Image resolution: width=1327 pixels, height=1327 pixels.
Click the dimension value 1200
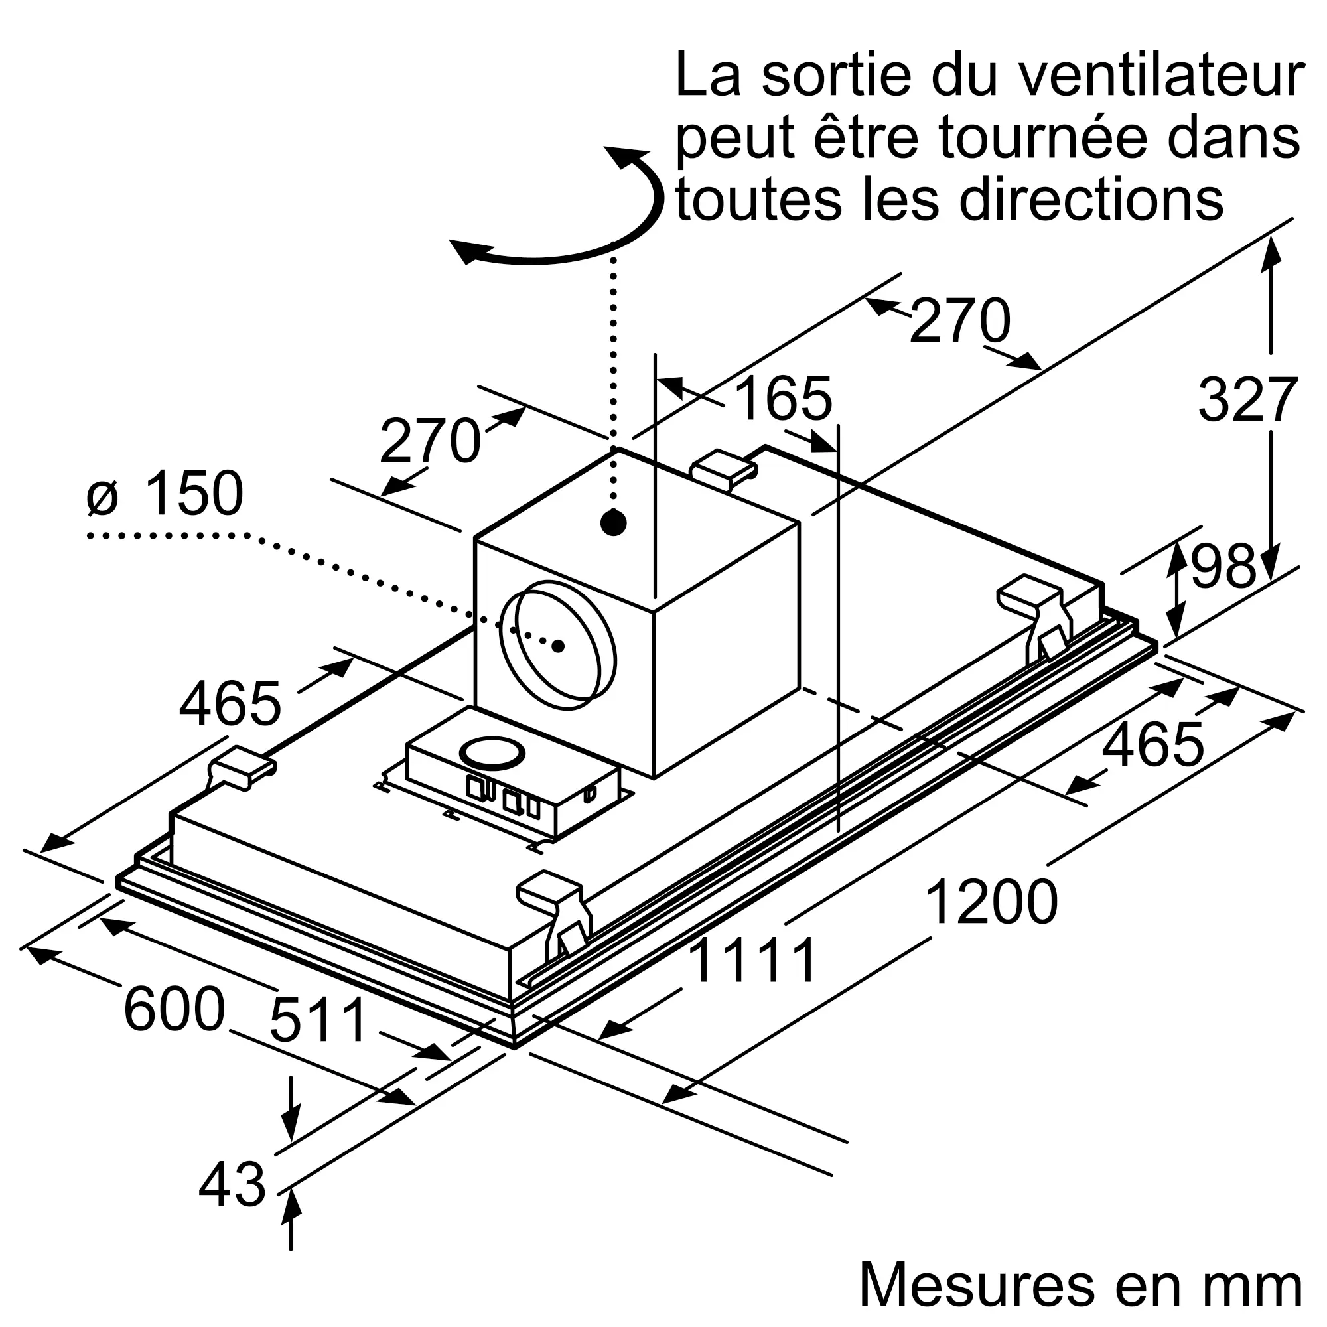991,902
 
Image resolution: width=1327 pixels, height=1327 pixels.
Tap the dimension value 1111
754,961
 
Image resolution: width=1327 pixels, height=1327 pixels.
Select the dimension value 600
175,1009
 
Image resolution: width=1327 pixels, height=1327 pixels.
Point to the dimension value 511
319,1020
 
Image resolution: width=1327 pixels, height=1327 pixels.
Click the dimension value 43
232,1184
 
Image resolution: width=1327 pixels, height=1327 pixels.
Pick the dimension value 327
1248,401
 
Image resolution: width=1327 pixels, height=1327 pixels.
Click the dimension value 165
783,398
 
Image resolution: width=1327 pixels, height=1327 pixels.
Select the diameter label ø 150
165,492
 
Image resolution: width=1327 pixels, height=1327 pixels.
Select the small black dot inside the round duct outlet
559,646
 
